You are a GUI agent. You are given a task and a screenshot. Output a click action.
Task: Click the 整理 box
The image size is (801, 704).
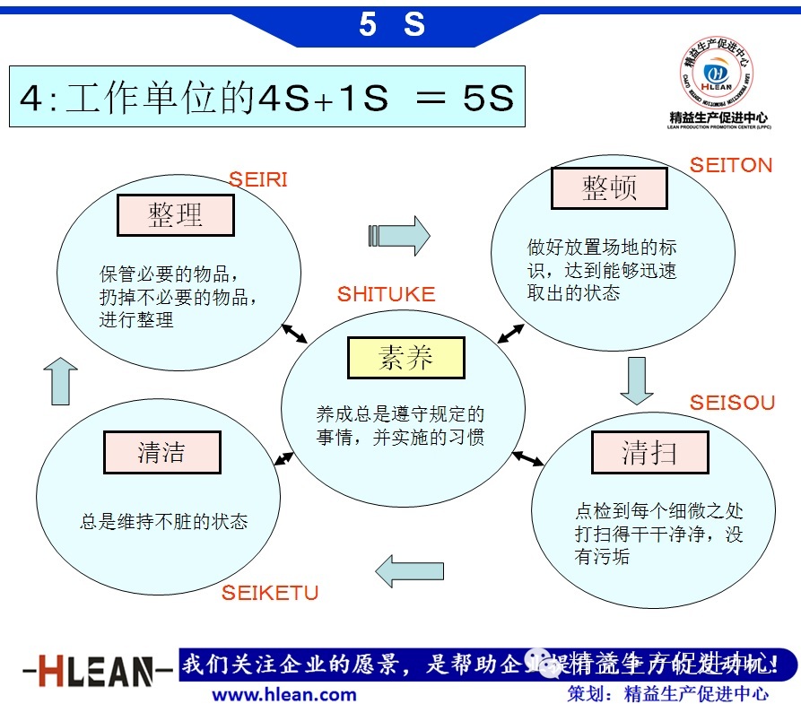coord(176,215)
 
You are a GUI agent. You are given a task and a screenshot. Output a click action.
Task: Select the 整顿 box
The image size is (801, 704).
coord(608,189)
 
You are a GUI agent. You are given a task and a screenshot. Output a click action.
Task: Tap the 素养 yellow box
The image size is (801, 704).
coord(405,358)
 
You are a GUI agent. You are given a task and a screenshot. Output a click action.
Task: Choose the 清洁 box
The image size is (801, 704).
coord(161,452)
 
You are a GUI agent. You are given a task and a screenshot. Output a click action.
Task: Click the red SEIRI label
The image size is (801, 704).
coord(257,179)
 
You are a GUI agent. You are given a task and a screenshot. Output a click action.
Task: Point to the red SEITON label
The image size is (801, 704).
coord(730,165)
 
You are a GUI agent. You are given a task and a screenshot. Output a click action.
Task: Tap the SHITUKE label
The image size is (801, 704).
coord(386,294)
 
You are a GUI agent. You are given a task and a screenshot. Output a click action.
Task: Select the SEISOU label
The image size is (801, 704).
coord(732,403)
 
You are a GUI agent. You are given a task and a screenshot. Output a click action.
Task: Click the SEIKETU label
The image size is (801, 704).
coord(270,593)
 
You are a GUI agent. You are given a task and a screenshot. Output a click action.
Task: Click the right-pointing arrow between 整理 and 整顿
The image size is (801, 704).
coord(399,236)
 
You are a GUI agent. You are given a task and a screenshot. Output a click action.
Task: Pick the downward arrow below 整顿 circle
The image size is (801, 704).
coord(636,380)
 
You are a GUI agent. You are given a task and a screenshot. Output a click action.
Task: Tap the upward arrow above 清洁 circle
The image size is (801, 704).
coord(60,380)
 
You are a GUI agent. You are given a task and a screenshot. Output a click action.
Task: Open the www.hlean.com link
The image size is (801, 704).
coord(283,693)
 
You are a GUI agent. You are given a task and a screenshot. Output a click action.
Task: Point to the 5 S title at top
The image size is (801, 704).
coord(392,24)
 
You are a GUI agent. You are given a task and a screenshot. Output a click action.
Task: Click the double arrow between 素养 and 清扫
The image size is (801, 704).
coord(527,458)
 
